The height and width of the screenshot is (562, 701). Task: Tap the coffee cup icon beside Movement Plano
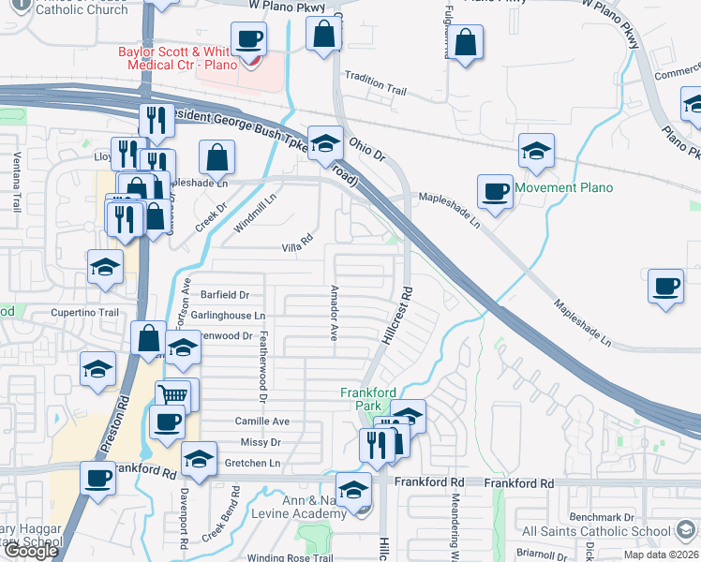(x=495, y=192)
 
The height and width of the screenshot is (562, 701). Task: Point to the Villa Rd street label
(x=296, y=248)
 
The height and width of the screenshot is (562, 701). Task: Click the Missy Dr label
(x=261, y=442)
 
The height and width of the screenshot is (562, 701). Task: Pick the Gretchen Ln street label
(x=252, y=464)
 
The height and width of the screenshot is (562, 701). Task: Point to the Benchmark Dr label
(x=602, y=516)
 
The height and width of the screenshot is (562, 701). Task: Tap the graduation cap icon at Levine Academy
(x=354, y=492)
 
